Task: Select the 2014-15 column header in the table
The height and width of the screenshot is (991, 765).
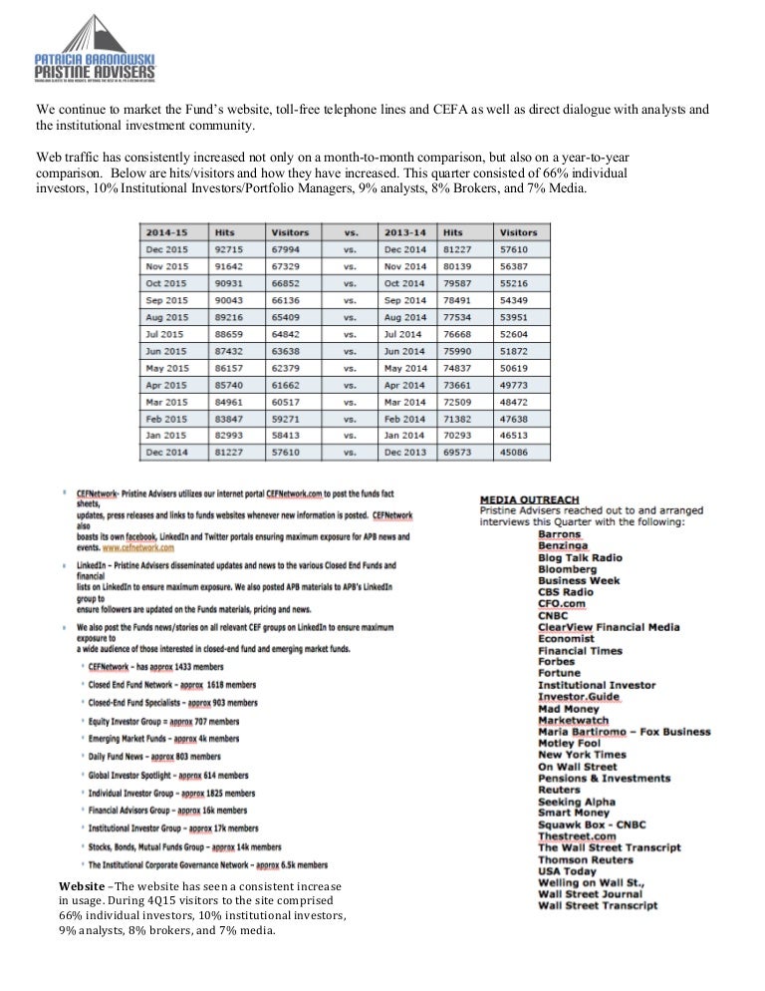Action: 164,231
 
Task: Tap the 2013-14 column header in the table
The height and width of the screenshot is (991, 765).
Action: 407,231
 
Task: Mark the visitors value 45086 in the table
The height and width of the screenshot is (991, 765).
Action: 518,452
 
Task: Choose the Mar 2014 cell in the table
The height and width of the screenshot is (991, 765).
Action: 406,401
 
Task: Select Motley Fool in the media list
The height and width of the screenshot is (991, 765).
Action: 569,743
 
